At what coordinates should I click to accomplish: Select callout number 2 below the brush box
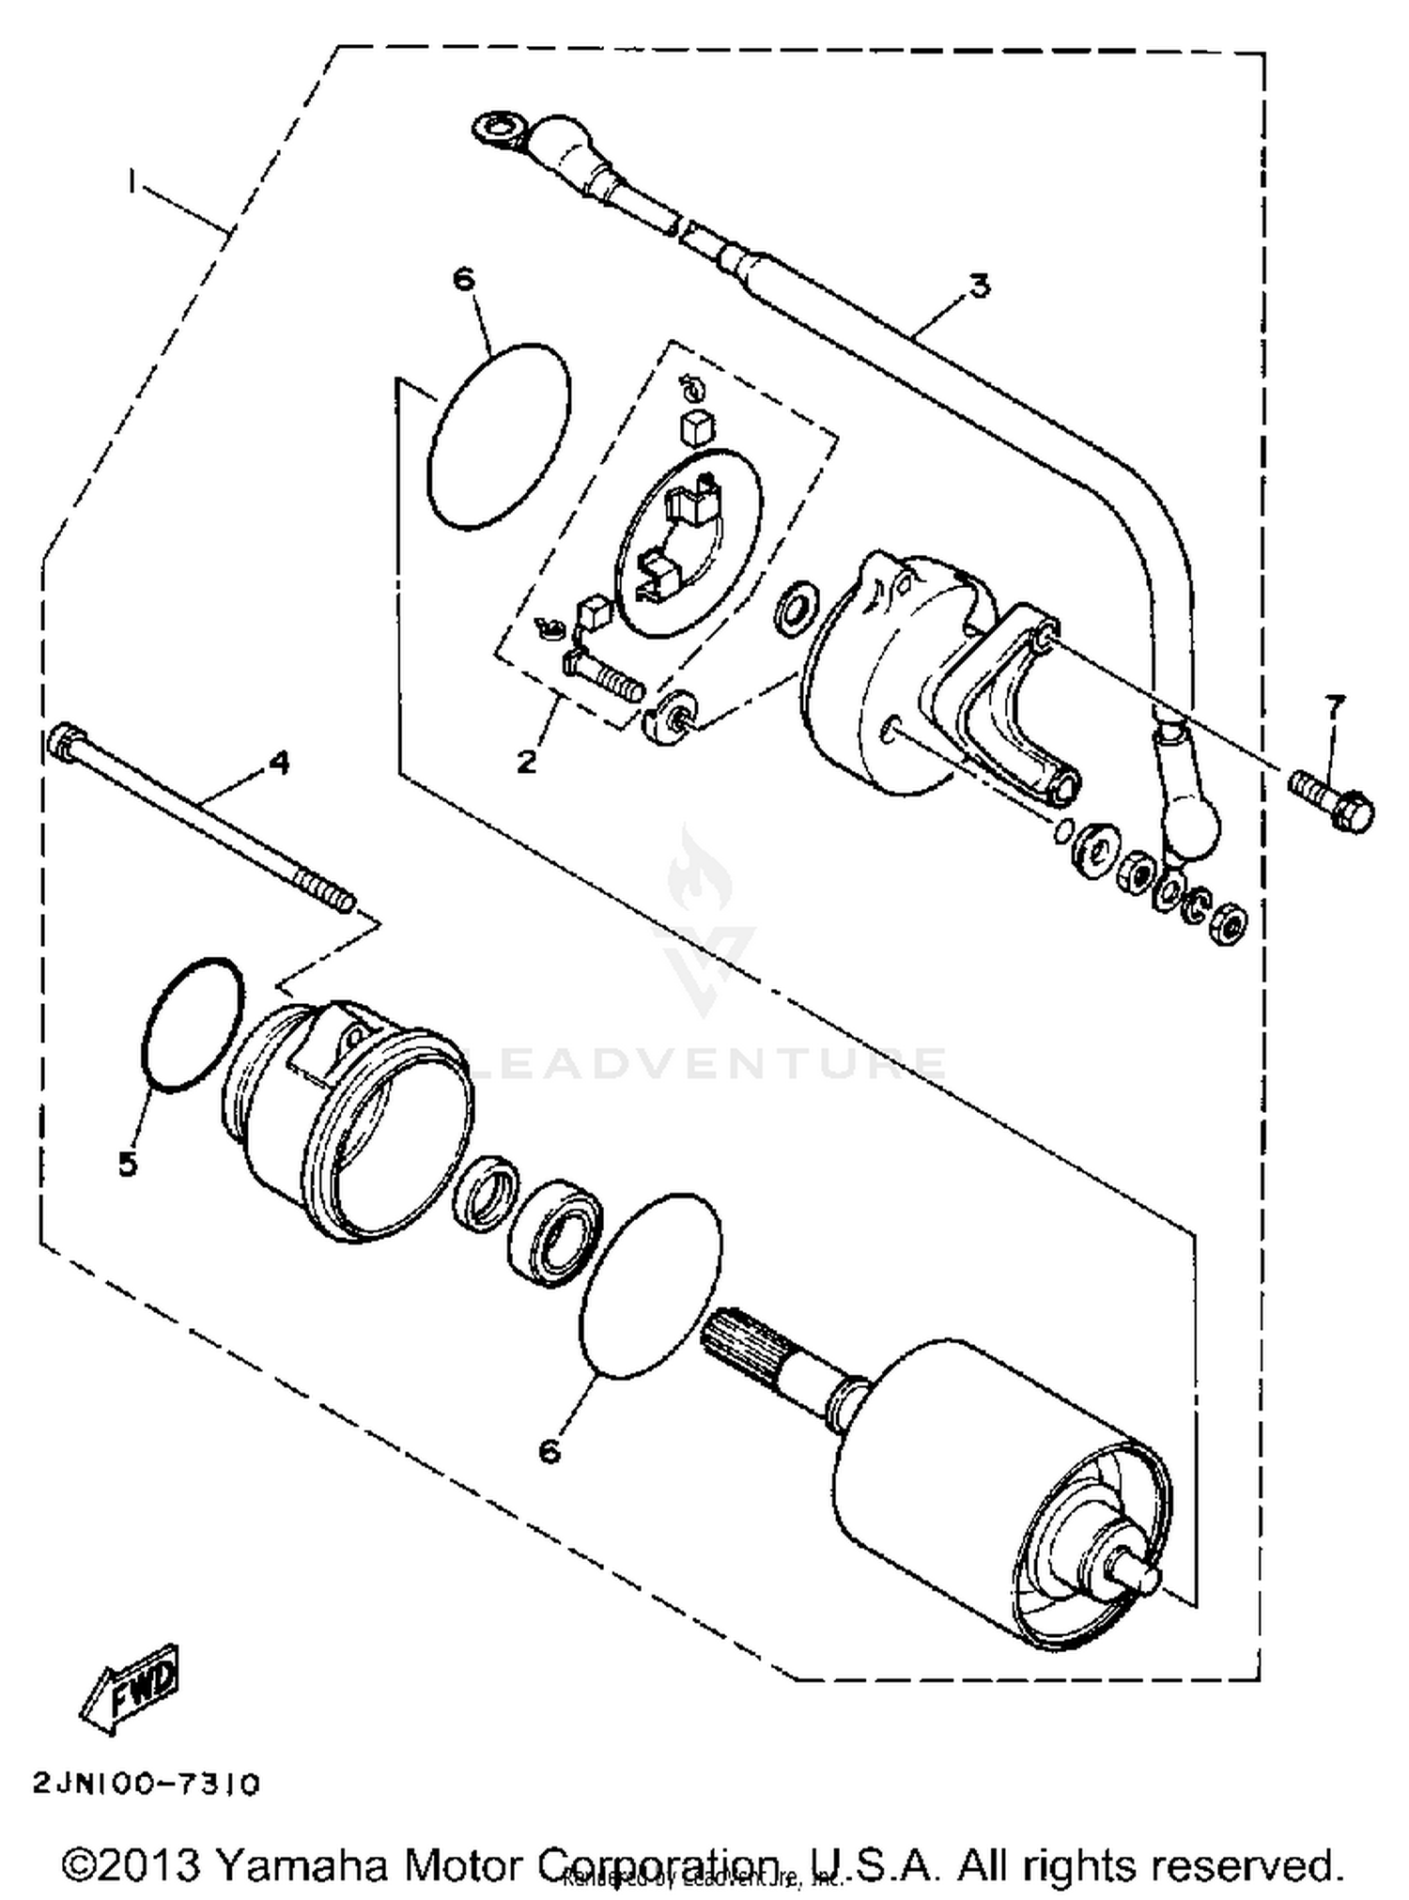pos(527,761)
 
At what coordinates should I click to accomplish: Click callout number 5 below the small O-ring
pos(128,1163)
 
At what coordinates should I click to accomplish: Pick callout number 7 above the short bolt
pos(1334,704)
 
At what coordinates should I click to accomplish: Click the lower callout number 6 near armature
pos(550,1450)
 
